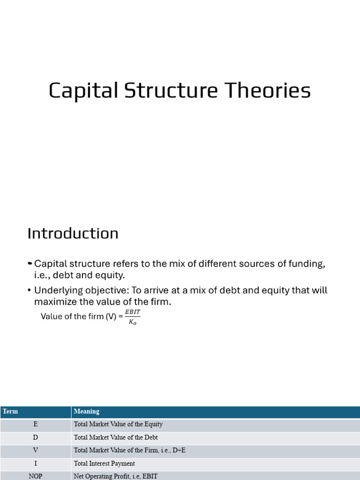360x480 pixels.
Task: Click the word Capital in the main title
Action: [x=83, y=90]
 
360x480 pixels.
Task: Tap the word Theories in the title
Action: [x=268, y=90]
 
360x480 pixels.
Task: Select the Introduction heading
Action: [x=73, y=233]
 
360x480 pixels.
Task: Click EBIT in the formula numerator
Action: [x=133, y=312]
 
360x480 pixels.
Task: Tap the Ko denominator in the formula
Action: [x=133, y=322]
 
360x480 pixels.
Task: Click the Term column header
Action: [x=10, y=411]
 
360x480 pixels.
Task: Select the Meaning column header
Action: [x=87, y=412]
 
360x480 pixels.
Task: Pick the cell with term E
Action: [x=36, y=424]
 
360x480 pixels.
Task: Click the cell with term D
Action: [x=36, y=437]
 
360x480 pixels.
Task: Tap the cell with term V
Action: [x=36, y=450]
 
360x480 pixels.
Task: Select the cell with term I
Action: [x=36, y=464]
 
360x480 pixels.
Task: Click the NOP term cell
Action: [x=36, y=476]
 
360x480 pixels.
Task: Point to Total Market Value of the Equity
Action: [x=118, y=424]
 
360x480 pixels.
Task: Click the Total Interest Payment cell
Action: [x=105, y=464]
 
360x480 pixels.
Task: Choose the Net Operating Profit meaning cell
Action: [x=116, y=476]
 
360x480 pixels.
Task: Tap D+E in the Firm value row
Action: [x=179, y=450]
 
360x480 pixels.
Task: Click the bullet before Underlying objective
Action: [x=30, y=290]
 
